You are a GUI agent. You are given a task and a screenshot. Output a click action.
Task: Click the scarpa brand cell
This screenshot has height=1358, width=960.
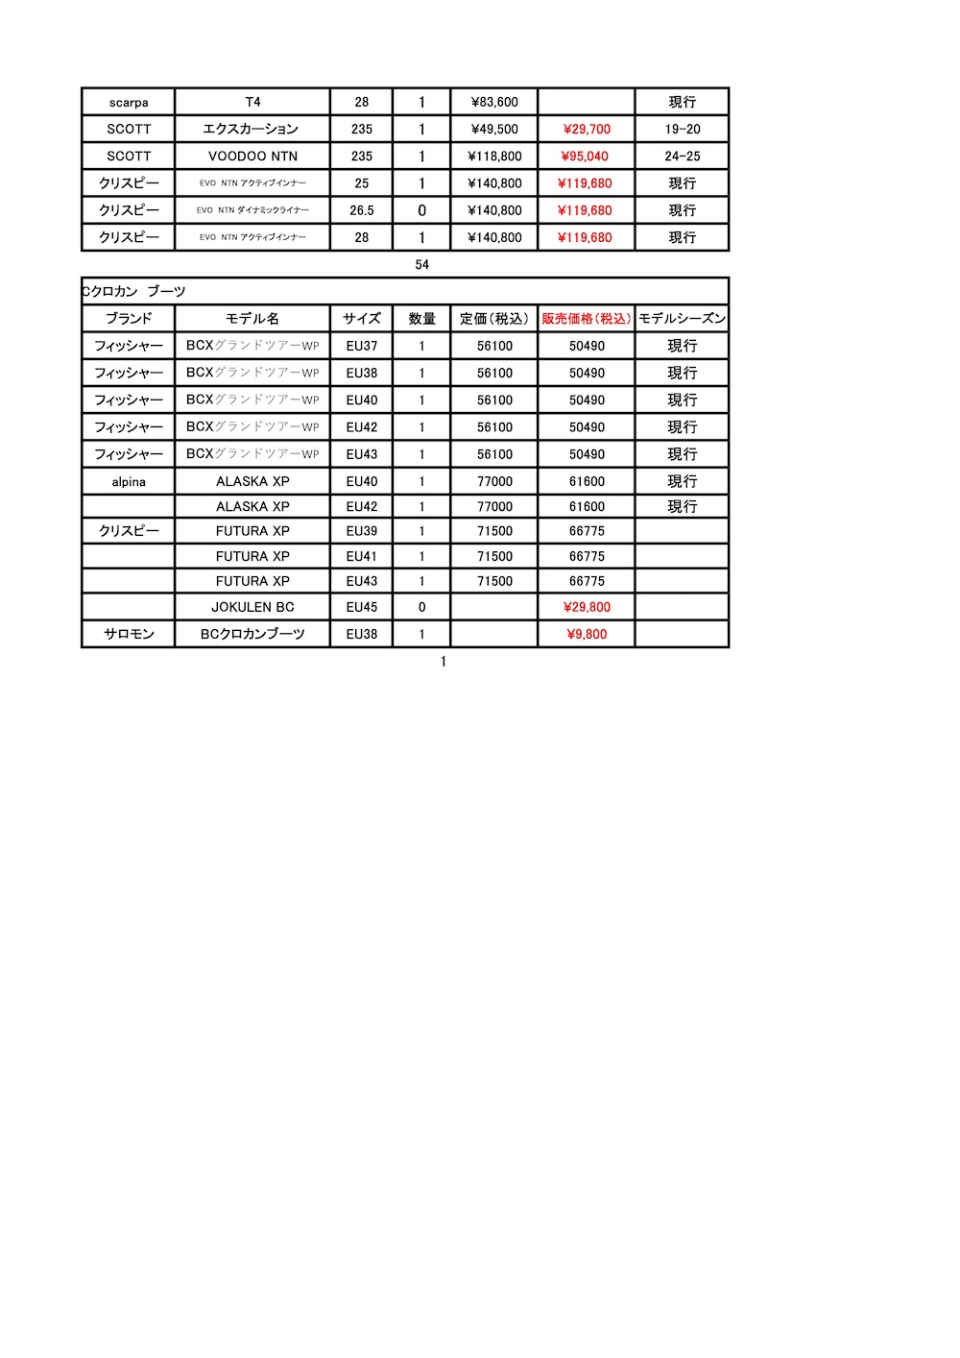(129, 103)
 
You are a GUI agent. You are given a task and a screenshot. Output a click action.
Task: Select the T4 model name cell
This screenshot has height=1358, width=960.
(252, 102)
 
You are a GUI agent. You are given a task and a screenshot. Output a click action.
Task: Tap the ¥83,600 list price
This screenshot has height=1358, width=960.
(494, 102)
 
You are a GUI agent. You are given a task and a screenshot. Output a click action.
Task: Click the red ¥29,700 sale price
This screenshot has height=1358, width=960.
(587, 129)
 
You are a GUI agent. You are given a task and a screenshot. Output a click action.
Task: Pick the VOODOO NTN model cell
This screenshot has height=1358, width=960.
(252, 156)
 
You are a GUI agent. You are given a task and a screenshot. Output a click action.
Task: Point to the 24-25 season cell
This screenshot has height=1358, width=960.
(683, 156)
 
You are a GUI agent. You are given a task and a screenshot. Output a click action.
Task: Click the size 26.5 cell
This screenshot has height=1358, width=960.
(362, 210)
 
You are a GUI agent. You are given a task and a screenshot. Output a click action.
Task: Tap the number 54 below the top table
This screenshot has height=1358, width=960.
(422, 264)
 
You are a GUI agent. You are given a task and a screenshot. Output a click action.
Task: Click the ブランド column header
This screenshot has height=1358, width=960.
(129, 318)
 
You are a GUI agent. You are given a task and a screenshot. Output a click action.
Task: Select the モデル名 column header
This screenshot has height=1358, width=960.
(252, 318)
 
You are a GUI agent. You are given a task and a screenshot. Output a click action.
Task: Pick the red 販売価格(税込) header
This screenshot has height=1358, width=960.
(587, 318)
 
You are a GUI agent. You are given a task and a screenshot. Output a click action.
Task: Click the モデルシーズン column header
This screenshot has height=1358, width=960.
(683, 318)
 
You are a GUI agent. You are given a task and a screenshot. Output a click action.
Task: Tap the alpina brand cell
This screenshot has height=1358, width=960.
(129, 481)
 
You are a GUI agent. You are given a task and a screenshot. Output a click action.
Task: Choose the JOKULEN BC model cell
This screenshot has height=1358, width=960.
(252, 607)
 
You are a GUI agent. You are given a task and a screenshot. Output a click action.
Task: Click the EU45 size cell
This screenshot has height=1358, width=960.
(362, 607)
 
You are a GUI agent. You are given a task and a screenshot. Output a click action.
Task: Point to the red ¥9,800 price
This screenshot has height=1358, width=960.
(587, 634)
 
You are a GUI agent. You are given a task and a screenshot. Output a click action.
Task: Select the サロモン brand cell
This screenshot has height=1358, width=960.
(129, 634)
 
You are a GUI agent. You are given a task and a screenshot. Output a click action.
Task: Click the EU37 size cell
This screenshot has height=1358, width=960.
(362, 346)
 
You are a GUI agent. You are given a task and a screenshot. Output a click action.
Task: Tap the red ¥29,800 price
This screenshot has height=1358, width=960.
(587, 607)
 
